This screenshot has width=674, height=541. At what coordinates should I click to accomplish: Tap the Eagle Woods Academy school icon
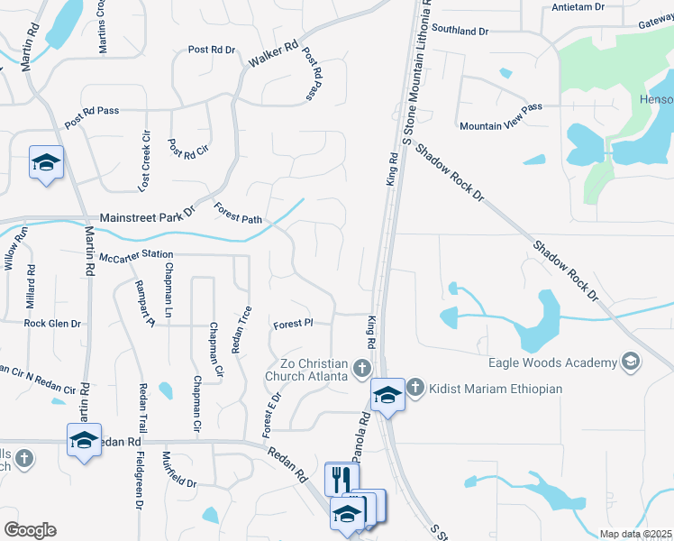click(x=631, y=362)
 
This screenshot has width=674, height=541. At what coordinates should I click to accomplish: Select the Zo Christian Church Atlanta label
click(x=305, y=369)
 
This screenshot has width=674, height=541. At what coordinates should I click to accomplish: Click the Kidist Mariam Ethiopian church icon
click(x=415, y=388)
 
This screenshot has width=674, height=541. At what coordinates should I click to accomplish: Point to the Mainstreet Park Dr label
click(x=147, y=217)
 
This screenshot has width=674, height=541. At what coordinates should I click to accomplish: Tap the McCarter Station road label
click(x=135, y=255)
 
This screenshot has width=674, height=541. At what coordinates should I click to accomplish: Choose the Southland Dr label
click(x=460, y=31)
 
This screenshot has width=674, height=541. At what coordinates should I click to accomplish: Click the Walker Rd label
click(x=273, y=57)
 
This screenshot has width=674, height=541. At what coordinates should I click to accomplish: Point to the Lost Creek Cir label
click(x=145, y=160)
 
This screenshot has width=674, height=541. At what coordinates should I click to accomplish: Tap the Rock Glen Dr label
click(x=52, y=323)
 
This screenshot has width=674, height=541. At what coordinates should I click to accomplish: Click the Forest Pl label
click(x=293, y=323)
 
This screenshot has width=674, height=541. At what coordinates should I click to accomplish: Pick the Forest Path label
click(x=238, y=213)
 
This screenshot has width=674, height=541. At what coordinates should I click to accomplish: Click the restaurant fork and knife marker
click(x=342, y=478)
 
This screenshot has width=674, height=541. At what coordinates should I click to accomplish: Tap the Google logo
click(x=30, y=530)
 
